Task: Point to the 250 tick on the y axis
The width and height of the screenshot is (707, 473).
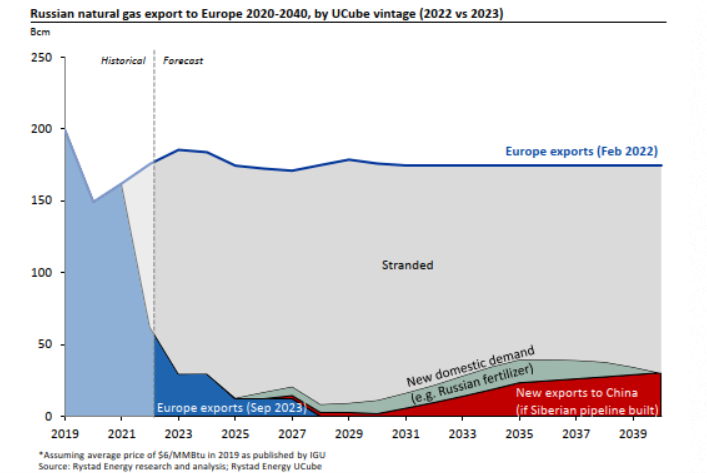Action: pyautogui.click(x=40, y=58)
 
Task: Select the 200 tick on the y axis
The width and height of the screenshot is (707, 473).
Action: pyautogui.click(x=40, y=129)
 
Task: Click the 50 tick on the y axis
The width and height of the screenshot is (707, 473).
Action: pyautogui.click(x=43, y=344)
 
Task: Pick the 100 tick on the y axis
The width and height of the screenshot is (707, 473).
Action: pyautogui.click(x=40, y=272)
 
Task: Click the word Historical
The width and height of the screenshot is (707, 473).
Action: pyautogui.click(x=122, y=62)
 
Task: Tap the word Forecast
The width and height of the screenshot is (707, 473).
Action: pyautogui.click(x=183, y=62)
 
